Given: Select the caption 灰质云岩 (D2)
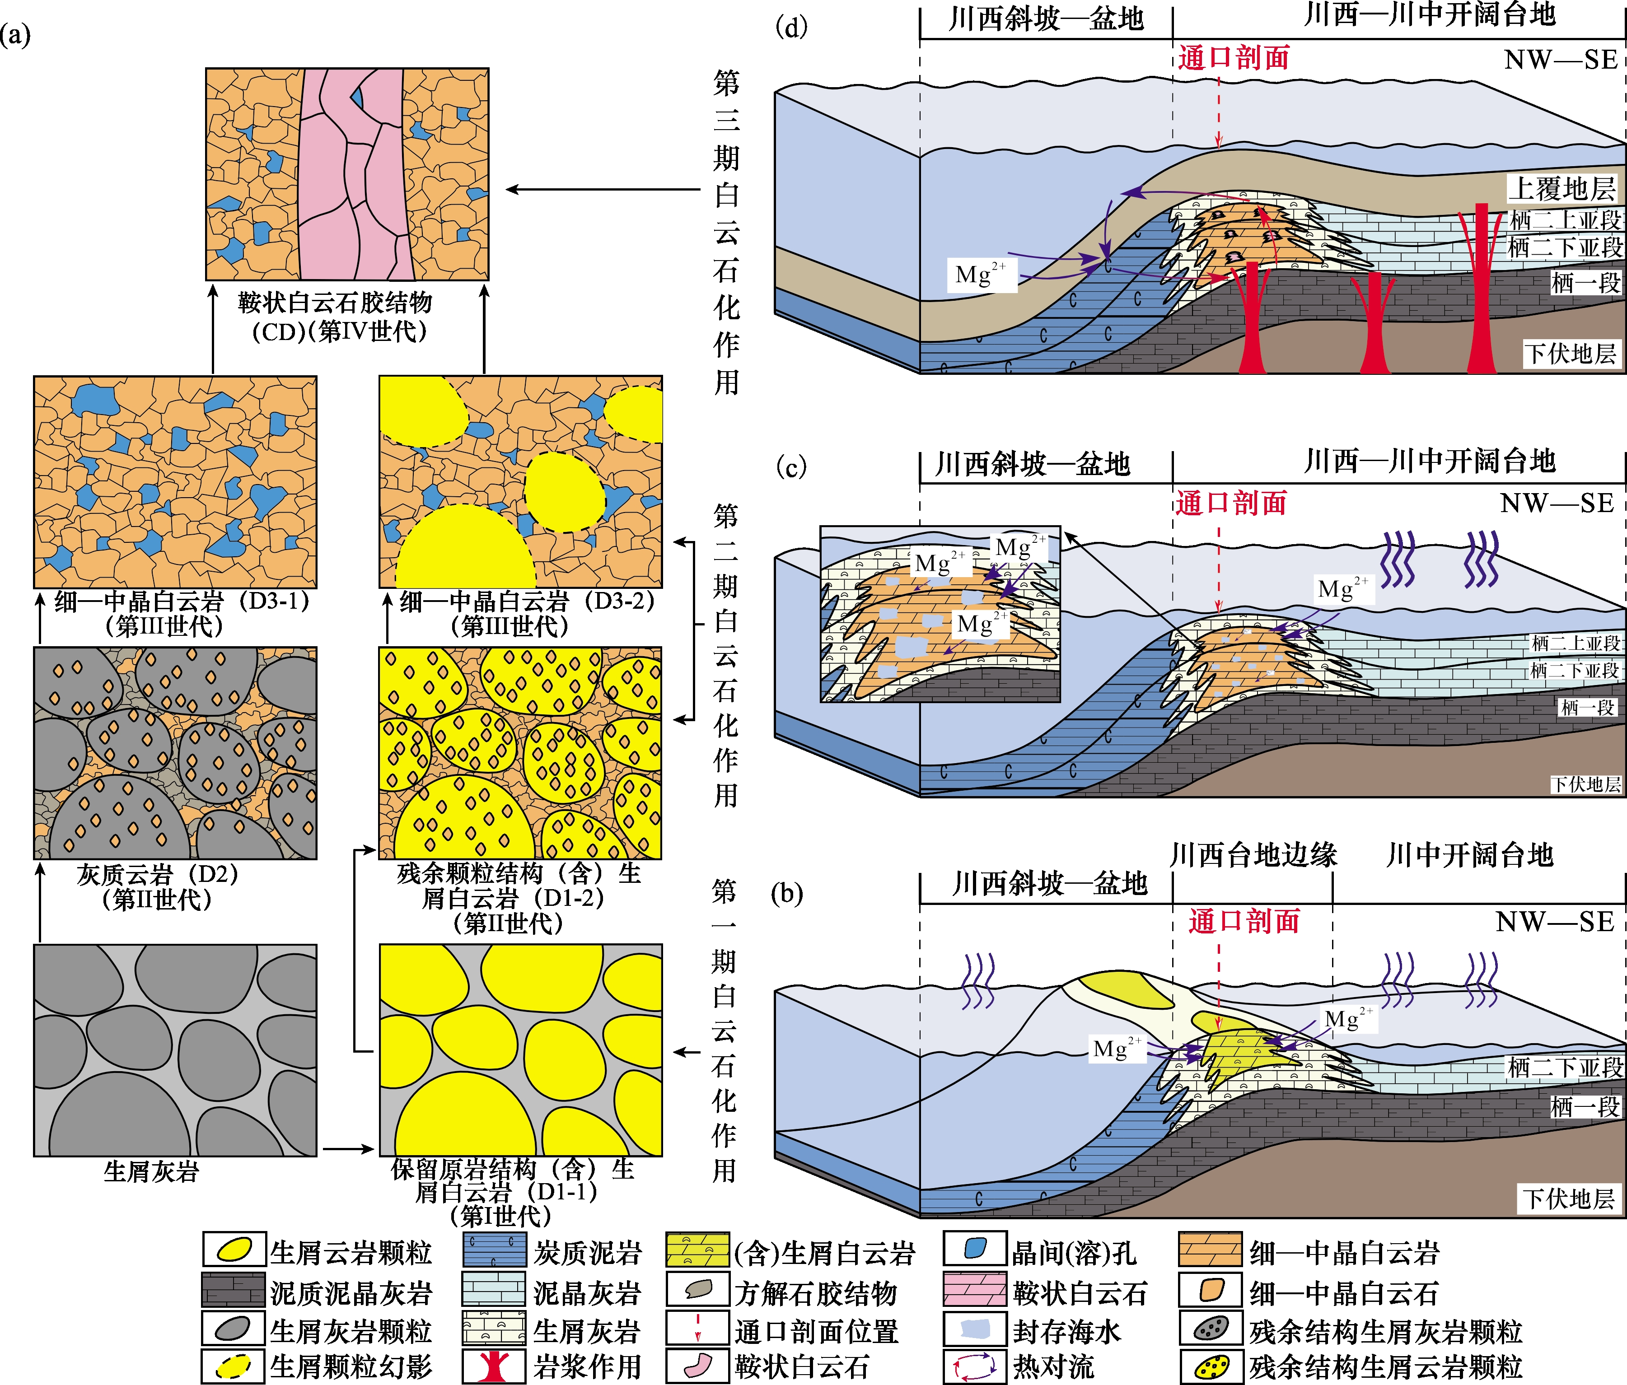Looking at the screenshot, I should point(157,874).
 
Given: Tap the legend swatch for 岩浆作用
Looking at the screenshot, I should point(493,1366).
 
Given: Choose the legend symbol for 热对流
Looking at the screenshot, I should point(974,1366).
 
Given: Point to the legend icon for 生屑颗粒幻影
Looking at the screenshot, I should point(233,1366).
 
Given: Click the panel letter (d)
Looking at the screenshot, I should point(791,28).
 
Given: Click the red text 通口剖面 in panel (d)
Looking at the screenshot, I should point(1234,57).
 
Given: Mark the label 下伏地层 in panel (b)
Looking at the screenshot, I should point(1569,1198).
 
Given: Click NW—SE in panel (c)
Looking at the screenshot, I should point(1557,503).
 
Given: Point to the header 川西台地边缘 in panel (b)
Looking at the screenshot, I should point(1253,854).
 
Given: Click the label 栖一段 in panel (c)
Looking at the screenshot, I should point(1587,708).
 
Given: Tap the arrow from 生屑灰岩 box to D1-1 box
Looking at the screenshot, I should point(349,1149).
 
